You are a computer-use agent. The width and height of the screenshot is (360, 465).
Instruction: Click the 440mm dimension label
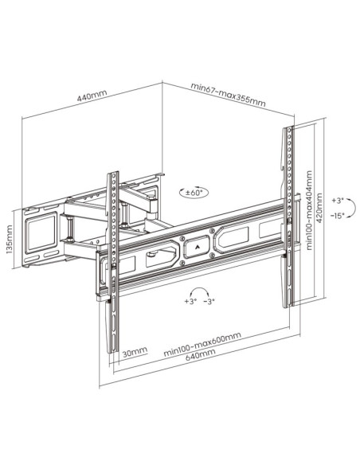[92, 96]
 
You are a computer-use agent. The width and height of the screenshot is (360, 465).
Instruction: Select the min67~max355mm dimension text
[228, 95]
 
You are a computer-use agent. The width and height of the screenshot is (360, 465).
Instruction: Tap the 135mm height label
[10, 240]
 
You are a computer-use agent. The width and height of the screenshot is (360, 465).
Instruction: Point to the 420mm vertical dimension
[319, 208]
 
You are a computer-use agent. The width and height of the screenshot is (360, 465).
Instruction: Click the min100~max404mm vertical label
[309, 210]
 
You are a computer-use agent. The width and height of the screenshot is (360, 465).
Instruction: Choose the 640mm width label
[201, 354]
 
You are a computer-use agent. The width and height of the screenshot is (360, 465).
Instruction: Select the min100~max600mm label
[202, 344]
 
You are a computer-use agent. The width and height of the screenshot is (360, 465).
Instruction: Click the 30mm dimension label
[135, 352]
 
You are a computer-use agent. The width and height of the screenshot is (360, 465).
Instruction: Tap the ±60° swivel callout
[194, 193]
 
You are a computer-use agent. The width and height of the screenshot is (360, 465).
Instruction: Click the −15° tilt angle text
[338, 215]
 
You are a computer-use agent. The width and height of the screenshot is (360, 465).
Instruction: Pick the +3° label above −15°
[338, 201]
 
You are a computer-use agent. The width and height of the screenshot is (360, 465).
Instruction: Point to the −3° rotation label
[209, 301]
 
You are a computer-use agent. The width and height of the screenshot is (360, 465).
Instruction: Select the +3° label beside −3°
[190, 301]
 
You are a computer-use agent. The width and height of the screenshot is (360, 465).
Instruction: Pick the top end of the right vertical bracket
[288, 128]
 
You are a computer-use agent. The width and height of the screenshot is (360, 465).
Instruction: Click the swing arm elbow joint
[154, 205]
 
